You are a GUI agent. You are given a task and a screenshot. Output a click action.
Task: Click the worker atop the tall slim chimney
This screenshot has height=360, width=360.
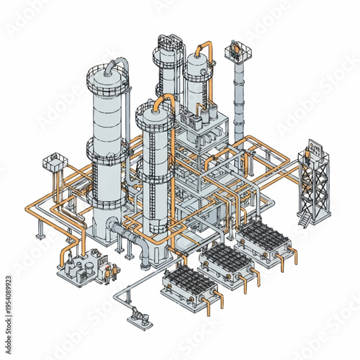click(x=235, y=50)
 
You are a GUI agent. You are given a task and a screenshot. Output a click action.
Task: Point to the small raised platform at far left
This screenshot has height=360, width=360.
click(x=53, y=161)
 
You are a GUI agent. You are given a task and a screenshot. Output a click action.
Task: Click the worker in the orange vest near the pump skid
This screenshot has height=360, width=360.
click(x=110, y=272)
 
